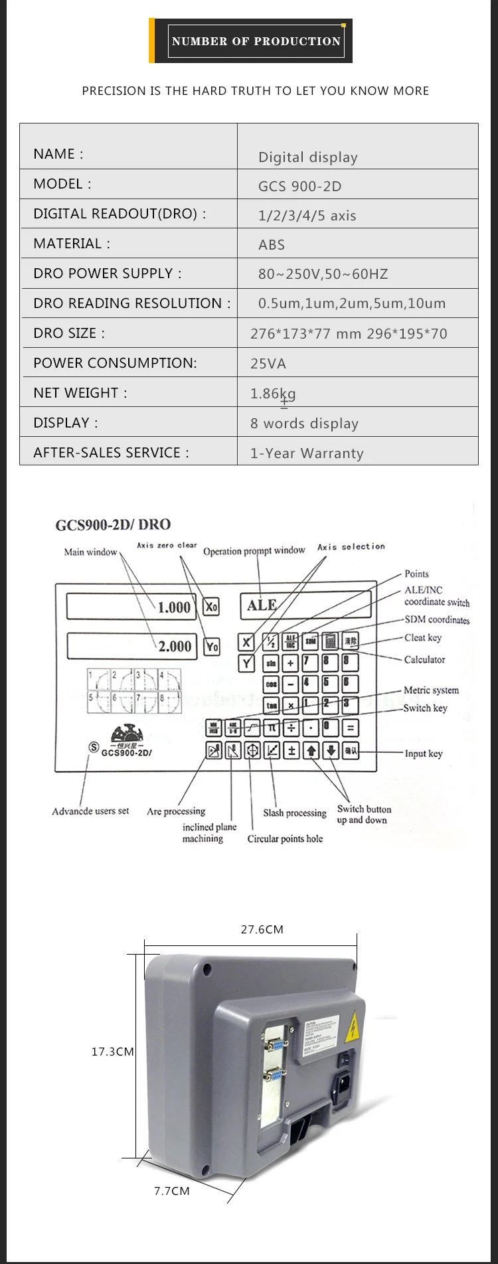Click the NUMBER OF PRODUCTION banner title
(x=256, y=41)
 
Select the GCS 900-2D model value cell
(x=299, y=187)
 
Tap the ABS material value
(x=271, y=245)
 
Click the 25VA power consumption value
(x=268, y=364)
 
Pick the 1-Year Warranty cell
(x=307, y=453)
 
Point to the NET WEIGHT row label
(x=80, y=393)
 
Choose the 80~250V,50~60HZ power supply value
(x=323, y=274)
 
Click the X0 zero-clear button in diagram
(x=211, y=606)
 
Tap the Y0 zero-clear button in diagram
(x=211, y=646)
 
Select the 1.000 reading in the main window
(x=174, y=607)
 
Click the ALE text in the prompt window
(x=262, y=605)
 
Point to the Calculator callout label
(x=424, y=660)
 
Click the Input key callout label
(x=424, y=753)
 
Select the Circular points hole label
(x=285, y=838)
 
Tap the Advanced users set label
(x=90, y=811)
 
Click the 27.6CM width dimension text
(x=262, y=929)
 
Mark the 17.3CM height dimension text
(x=112, y=1052)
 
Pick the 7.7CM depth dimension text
(x=171, y=1191)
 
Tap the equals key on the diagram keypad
(x=350, y=727)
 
